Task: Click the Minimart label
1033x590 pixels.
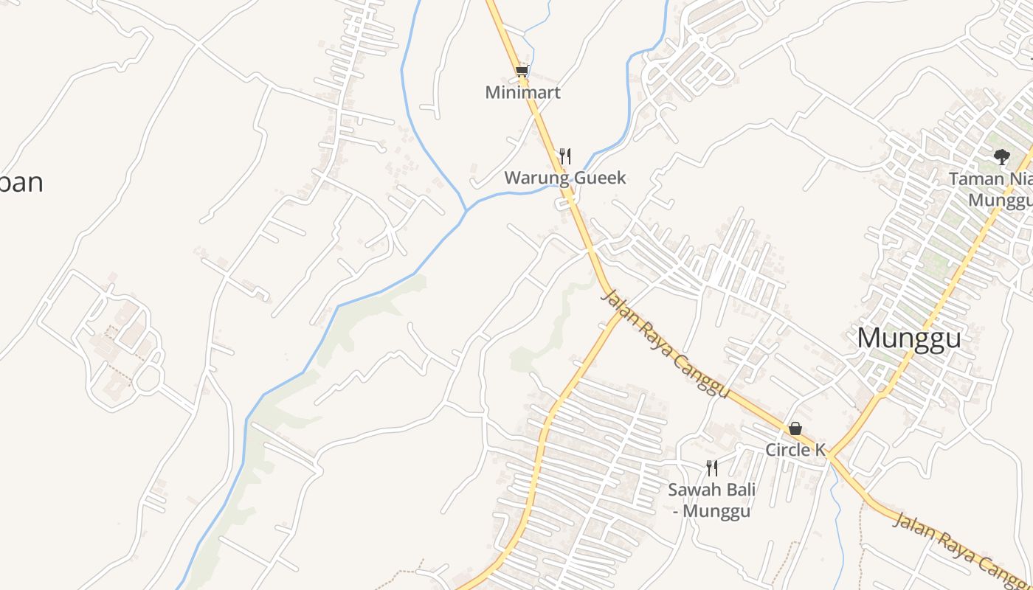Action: point(522,93)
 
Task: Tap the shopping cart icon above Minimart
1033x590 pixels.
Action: point(522,72)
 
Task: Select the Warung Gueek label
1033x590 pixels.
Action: point(564,178)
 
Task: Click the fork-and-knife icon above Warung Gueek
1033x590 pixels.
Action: point(565,156)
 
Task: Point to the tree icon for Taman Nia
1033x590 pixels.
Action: point(1001,156)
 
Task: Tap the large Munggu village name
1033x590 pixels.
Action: point(909,338)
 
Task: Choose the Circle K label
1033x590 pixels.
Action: point(795,450)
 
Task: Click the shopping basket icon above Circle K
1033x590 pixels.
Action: point(795,428)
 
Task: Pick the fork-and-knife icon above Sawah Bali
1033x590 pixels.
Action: point(712,468)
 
